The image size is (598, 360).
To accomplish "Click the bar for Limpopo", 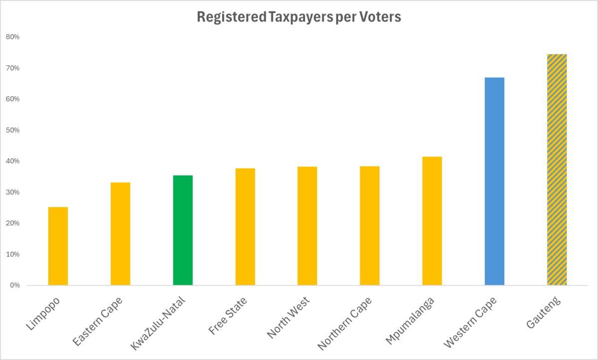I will [x=58, y=246].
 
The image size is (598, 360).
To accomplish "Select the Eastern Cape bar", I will [x=120, y=234].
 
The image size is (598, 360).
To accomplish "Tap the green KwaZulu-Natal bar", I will [x=182, y=230].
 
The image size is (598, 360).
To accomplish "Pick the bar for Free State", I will [x=245, y=227].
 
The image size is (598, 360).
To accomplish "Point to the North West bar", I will [x=307, y=226].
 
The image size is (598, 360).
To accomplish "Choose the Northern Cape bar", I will [x=370, y=226].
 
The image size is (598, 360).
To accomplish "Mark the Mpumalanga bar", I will [x=432, y=221].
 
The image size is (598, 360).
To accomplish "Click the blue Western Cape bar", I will [x=494, y=181].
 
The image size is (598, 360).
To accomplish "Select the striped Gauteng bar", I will [x=557, y=170].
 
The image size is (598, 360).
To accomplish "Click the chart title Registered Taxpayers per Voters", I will [x=299, y=17].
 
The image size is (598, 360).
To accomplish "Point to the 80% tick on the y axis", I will [x=13, y=37].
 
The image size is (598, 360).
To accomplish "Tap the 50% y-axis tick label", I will [x=13, y=130].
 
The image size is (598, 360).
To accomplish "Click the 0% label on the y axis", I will [x=14, y=285].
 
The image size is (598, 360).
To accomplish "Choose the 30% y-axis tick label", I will [x=13, y=192].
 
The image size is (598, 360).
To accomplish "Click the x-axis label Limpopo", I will [x=43, y=313].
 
